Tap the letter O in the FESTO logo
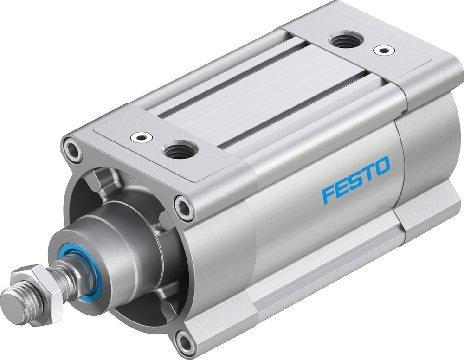click(381, 167)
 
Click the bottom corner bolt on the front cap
click(187, 343)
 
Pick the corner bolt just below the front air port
click(184, 207)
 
